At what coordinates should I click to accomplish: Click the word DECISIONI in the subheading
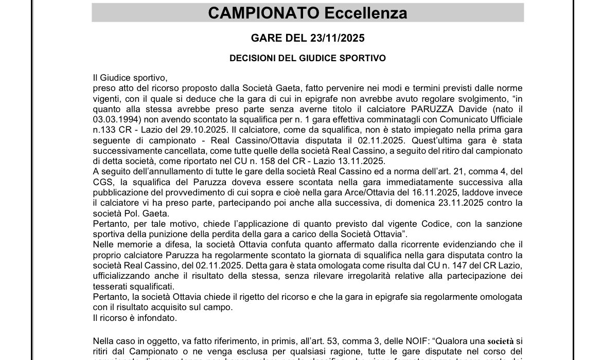click(252, 59)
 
